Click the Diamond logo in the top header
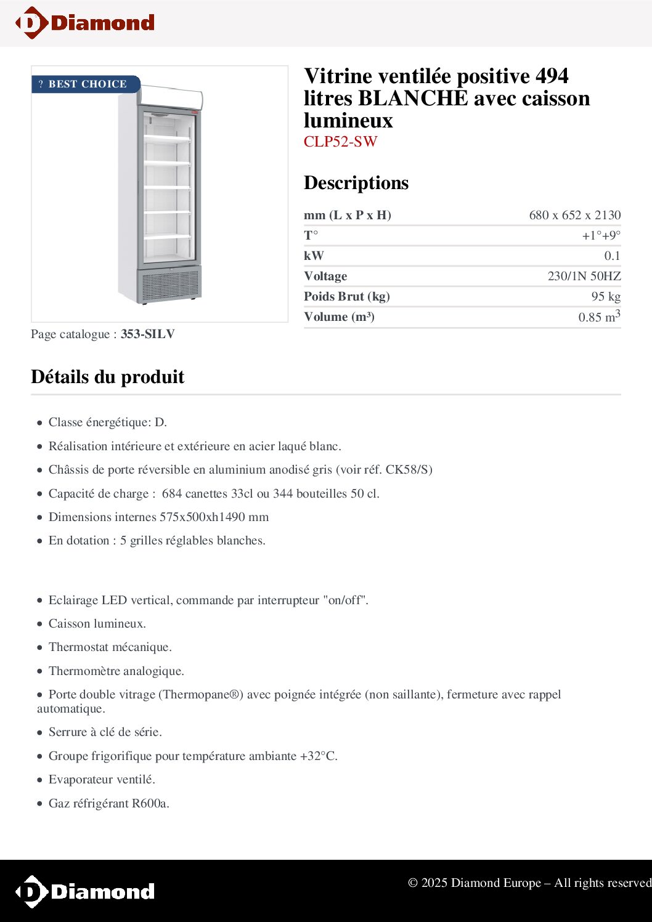pyautogui.click(x=85, y=23)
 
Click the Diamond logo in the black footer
pyautogui.click(x=85, y=891)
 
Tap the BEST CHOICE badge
pyautogui.click(x=86, y=84)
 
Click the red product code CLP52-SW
pyautogui.click(x=340, y=142)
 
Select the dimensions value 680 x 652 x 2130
pyautogui.click(x=574, y=215)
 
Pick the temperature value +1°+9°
pyautogui.click(x=601, y=235)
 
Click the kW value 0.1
pyautogui.click(x=612, y=256)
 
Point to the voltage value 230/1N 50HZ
pyautogui.click(x=584, y=276)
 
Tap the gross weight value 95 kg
pyautogui.click(x=605, y=296)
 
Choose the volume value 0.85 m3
pyautogui.click(x=598, y=317)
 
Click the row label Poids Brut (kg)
pyautogui.click(x=346, y=296)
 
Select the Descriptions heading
pyautogui.click(x=356, y=183)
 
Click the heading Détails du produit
pyautogui.click(x=108, y=377)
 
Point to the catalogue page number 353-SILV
pyautogui.click(x=148, y=334)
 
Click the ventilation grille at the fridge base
pyautogui.click(x=169, y=285)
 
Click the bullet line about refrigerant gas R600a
pyautogui.click(x=108, y=803)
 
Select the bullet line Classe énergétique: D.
pyautogui.click(x=107, y=422)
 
